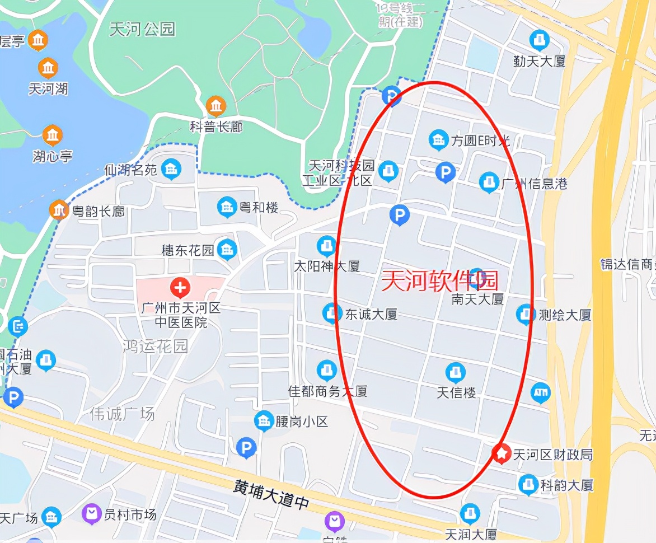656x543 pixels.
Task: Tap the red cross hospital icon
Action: [180, 288]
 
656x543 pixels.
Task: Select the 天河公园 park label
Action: [142, 29]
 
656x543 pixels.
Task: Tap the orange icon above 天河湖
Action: [49, 68]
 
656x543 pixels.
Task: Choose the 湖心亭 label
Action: [52, 156]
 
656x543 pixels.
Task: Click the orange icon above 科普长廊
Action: [215, 106]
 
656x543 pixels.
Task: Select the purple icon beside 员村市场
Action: [91, 514]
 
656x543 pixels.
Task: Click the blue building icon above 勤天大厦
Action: [539, 40]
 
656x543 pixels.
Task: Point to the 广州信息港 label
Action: [534, 183]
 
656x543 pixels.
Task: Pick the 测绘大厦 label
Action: [564, 315]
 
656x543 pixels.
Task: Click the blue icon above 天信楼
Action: [455, 372]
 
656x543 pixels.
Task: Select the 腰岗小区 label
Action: [302, 422]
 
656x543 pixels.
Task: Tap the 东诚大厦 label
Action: [371, 314]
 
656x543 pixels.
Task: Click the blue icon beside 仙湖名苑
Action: [171, 169]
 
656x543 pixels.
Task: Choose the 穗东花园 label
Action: [188, 250]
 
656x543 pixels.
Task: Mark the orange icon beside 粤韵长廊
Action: [59, 210]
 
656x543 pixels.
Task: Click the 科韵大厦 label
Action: [566, 485]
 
